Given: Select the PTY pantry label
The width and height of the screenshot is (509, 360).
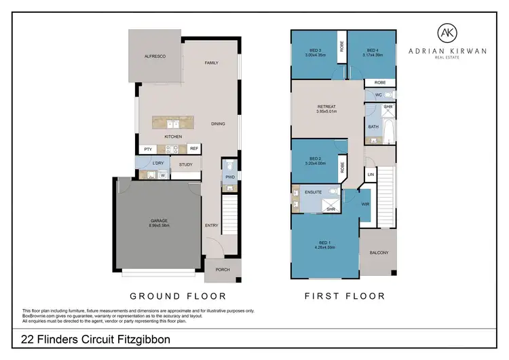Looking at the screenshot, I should click(147, 149).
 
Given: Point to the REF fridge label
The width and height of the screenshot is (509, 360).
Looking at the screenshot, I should click(193, 149).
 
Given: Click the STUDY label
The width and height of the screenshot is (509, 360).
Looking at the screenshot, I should click(186, 164).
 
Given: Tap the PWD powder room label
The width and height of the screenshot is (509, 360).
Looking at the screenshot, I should click(229, 179).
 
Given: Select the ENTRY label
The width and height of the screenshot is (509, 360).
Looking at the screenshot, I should click(211, 226).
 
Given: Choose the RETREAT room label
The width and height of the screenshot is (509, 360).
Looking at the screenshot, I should click(327, 107).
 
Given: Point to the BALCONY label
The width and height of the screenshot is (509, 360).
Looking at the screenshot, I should click(379, 253).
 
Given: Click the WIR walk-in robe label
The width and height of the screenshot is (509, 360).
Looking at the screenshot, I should click(365, 204).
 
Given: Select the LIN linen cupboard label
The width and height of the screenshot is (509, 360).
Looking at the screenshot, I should click(371, 175).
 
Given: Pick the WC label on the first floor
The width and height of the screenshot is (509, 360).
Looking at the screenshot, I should click(379, 95).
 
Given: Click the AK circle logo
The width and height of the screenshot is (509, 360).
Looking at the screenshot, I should click(445, 33).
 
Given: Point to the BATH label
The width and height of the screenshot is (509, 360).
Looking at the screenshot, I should click(373, 127).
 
